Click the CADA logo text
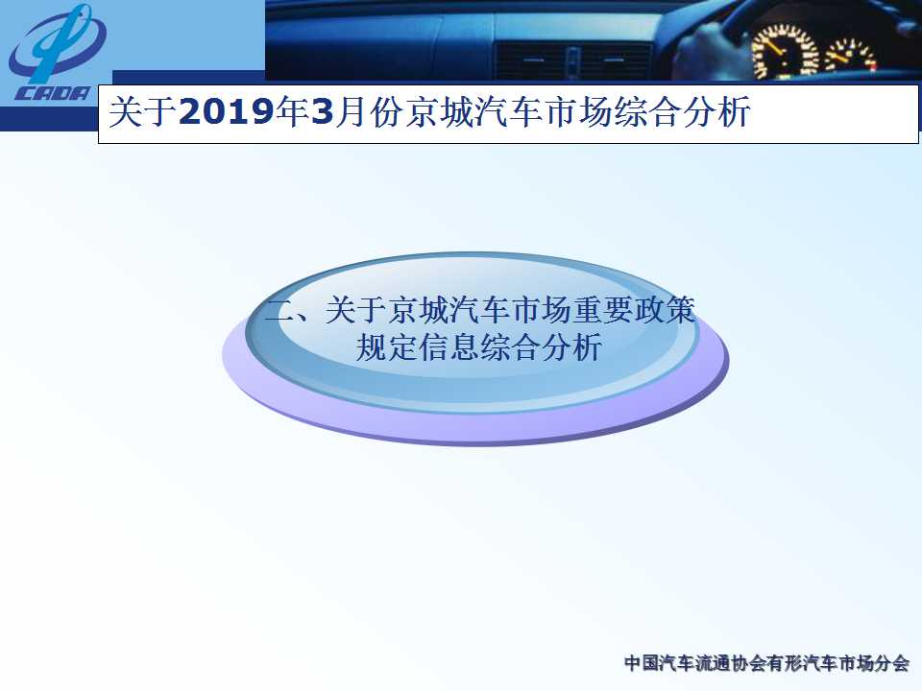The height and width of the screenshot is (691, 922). (x=53, y=93)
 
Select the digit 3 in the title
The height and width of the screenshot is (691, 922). (x=323, y=111)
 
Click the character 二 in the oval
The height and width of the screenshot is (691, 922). (x=279, y=310)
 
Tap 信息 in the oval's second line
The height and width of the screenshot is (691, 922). (x=449, y=347)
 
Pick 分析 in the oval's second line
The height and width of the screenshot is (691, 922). (x=571, y=347)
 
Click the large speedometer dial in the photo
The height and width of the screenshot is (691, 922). (x=785, y=51)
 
